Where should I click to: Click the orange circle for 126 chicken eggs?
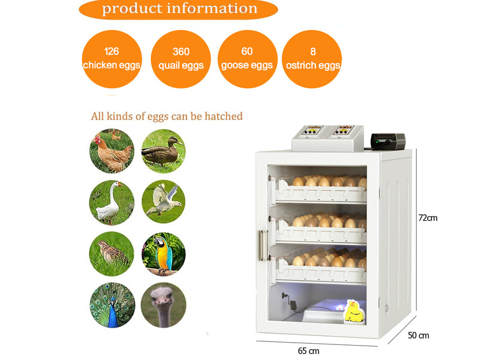click(112, 59)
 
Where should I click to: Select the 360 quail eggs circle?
click(181, 59)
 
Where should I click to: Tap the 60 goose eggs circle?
click(248, 59)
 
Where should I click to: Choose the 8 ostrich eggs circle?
click(312, 59)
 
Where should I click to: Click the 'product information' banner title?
click(179, 9)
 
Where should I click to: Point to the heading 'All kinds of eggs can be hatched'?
click(167, 116)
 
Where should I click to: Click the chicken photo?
click(112, 151)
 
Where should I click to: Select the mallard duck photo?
click(163, 151)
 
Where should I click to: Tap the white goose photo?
click(112, 202)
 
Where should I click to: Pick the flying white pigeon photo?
click(163, 202)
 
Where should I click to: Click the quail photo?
click(112, 254)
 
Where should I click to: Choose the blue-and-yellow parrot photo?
click(163, 254)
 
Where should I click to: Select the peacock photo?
click(112, 305)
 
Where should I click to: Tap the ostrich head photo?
click(163, 305)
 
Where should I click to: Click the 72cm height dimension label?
click(428, 218)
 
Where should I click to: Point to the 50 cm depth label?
click(419, 335)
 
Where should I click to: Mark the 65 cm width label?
click(309, 351)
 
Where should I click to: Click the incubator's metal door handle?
click(263, 245)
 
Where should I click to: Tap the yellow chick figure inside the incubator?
click(353, 311)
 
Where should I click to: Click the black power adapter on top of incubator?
click(388, 141)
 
